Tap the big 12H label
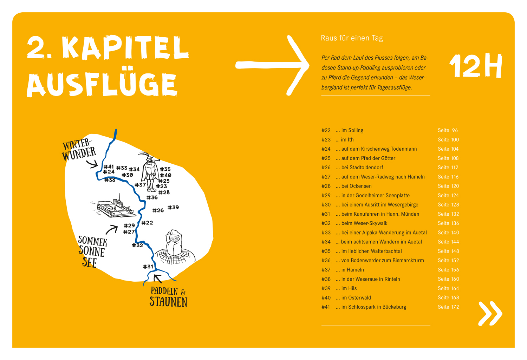pos(476,66)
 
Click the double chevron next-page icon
pos(490,313)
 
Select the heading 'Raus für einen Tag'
pos(352,38)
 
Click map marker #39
pos(173,208)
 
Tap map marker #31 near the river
pos(148,267)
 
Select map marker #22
pos(147,223)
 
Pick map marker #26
pos(158,210)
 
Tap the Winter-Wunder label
pos(79,150)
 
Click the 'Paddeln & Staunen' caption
pos(168,297)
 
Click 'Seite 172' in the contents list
pos(448,307)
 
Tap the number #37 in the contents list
pos(326,270)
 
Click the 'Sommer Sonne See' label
pos(92,251)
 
